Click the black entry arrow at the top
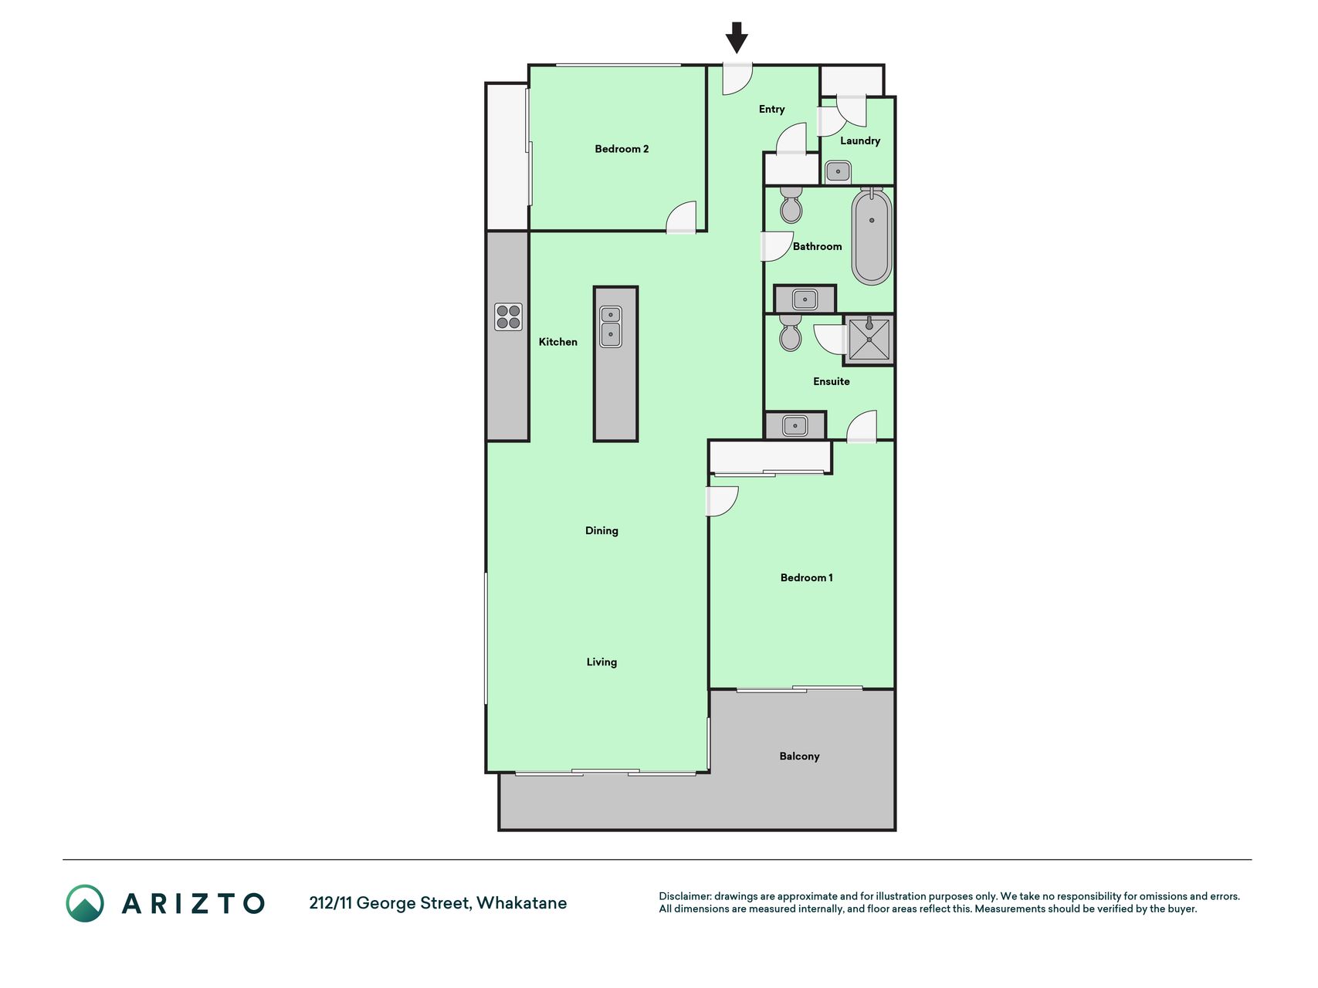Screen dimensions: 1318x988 click(737, 38)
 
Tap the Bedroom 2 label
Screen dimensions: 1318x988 click(622, 149)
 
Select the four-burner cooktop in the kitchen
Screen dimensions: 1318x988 click(508, 317)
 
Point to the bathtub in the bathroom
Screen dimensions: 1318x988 click(872, 236)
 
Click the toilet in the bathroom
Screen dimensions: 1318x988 click(791, 205)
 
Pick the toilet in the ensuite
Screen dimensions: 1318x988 click(791, 333)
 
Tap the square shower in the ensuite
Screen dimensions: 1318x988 click(869, 339)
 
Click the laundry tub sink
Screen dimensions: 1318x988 click(838, 171)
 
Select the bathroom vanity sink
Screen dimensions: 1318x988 click(805, 299)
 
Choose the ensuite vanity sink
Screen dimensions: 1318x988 click(795, 425)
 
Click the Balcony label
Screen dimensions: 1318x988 click(799, 756)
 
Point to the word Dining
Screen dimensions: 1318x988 click(601, 531)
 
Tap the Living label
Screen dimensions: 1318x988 click(601, 662)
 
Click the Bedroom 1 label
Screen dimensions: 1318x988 click(806, 577)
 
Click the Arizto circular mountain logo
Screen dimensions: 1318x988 click(85, 903)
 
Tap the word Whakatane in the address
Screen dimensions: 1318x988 click(521, 903)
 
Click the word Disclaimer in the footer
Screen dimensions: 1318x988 click(685, 896)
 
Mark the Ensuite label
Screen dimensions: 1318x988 click(831, 381)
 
